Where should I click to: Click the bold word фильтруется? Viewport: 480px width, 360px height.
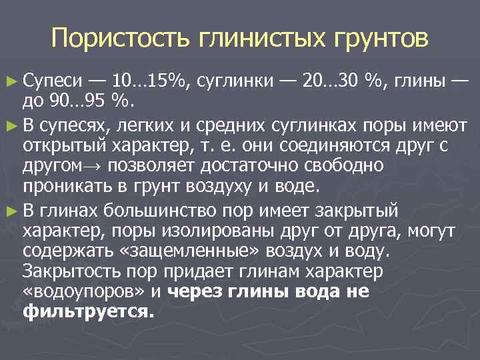click(87, 311)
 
